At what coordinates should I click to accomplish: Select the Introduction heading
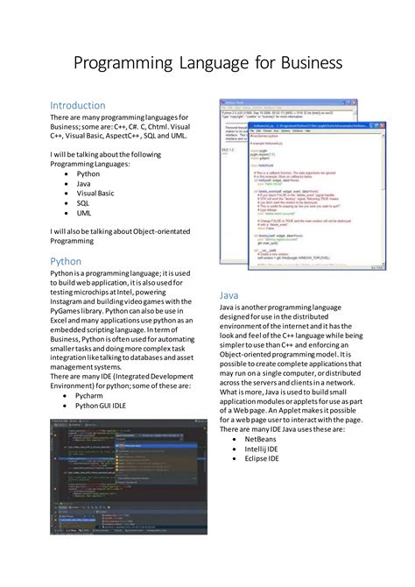pyautogui.click(x=78, y=105)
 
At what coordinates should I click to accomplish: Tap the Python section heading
pyautogui.click(x=66, y=261)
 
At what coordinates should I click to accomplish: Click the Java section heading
pyautogui.click(x=229, y=296)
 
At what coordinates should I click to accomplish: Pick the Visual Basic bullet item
pyautogui.click(x=95, y=194)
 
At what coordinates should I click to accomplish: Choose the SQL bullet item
pyautogui.click(x=83, y=203)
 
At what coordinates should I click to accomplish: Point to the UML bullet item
pyautogui.click(x=84, y=213)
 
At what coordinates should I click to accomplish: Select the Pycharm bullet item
pyautogui.click(x=90, y=396)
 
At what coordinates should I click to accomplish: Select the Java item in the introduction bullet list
pyautogui.click(x=84, y=184)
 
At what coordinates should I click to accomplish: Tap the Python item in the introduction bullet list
pyautogui.click(x=88, y=174)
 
